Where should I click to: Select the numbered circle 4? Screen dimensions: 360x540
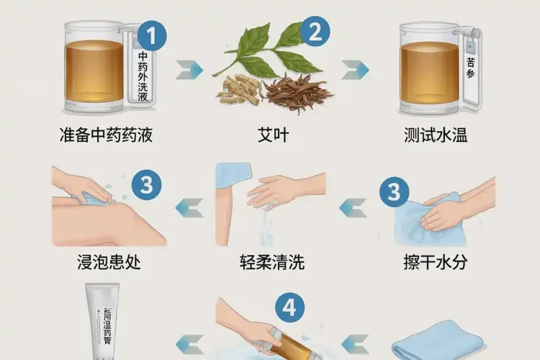pos(289,308)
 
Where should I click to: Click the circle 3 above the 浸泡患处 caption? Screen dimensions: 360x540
pos(146,186)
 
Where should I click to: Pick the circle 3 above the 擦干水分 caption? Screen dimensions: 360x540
pos(393,192)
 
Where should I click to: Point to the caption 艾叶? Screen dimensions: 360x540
pos(273,135)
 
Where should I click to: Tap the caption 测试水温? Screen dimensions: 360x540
pos(435,135)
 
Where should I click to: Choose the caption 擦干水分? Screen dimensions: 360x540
pos(435,261)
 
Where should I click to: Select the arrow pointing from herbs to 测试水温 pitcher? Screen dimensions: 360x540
pos(355,70)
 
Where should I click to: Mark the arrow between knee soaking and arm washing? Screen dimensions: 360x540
pos(189,208)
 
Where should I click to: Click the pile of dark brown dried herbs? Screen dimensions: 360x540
pos(296,94)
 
